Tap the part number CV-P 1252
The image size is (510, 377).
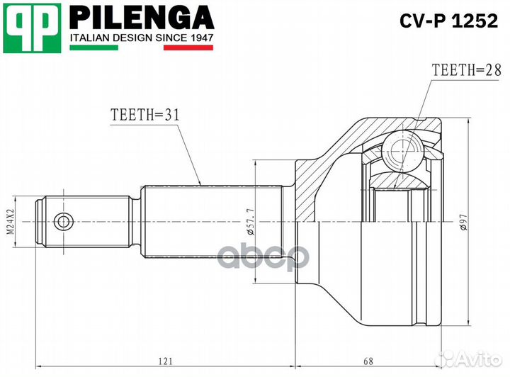coord(440,22)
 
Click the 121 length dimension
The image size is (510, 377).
coord(164,361)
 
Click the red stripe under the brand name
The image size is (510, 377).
coord(188,48)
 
